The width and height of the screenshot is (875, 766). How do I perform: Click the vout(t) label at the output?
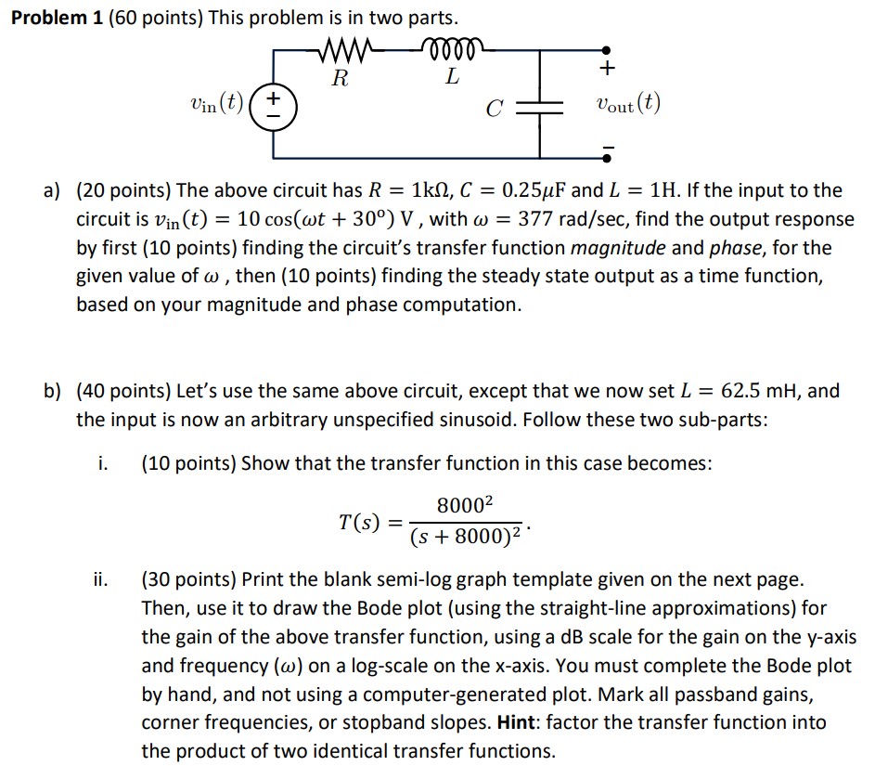click(x=628, y=104)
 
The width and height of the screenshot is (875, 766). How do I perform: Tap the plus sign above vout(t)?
click(x=608, y=70)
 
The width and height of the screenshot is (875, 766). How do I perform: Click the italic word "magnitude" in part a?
click(x=619, y=249)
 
